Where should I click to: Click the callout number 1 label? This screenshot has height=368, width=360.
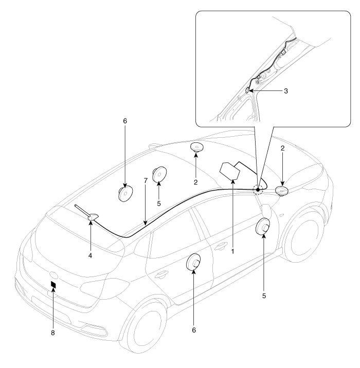[x=233, y=251]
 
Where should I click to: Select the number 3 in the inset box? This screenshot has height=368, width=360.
[x=286, y=91]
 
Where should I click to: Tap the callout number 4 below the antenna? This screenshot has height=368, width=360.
[x=90, y=255]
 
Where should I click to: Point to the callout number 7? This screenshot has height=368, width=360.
[x=146, y=180]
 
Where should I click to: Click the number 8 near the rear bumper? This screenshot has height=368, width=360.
[x=53, y=333]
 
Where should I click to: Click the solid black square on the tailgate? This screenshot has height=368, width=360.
[x=53, y=285]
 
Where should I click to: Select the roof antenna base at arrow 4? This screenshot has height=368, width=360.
[x=93, y=217]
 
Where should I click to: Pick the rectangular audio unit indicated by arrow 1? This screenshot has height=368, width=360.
[x=230, y=171]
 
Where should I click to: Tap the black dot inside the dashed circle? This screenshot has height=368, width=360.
[x=258, y=190]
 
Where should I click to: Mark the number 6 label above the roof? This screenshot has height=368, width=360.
[x=125, y=121]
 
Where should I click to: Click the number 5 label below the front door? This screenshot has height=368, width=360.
[x=264, y=296]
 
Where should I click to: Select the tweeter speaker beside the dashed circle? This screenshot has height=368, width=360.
[x=281, y=191]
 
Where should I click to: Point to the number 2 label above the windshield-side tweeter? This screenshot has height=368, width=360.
[x=282, y=149]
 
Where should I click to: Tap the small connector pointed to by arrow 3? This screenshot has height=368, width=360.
[x=247, y=89]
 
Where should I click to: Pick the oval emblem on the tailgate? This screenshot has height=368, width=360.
[x=53, y=275]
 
